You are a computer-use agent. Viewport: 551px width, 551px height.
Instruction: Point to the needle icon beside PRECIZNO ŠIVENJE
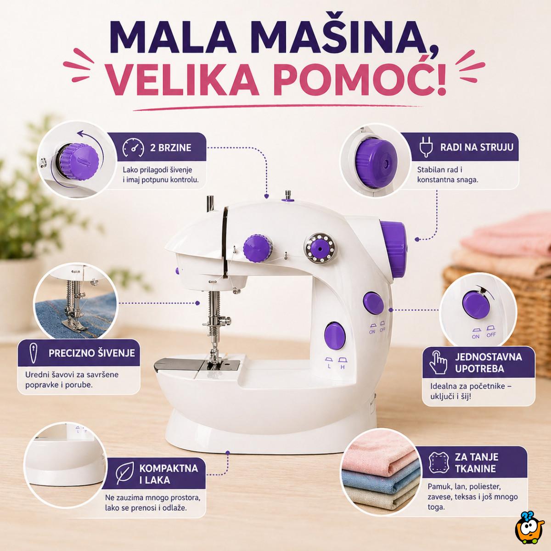point(34,353)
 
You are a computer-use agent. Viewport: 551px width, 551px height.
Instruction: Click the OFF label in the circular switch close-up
point(491,335)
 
